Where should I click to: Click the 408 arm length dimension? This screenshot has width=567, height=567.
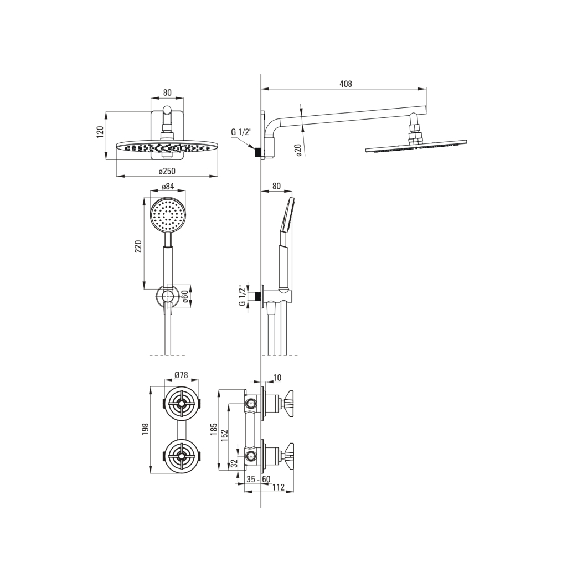(346, 84)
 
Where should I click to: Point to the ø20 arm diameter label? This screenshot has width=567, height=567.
(298, 150)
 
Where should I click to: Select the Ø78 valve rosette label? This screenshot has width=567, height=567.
(181, 375)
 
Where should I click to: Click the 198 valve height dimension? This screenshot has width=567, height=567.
(145, 429)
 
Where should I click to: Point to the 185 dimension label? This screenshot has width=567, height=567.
(213, 429)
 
